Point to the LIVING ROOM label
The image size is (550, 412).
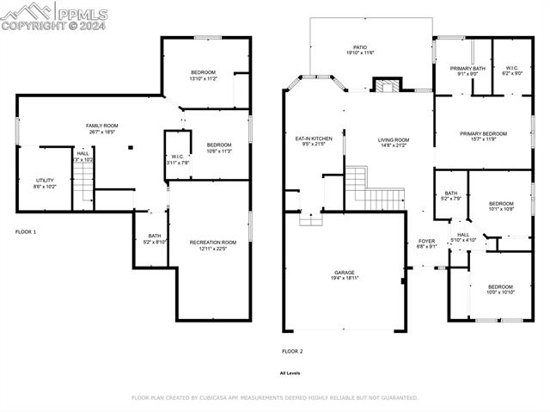(394, 140)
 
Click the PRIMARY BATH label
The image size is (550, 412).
(467, 68)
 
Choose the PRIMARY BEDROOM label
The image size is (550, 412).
(483, 134)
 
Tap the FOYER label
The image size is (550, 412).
(427, 241)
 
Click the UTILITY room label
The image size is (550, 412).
(45, 181)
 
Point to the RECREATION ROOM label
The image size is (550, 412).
(212, 243)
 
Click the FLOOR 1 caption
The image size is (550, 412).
(27, 231)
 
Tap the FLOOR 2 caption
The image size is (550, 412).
(292, 351)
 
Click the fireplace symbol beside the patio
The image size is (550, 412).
(383, 86)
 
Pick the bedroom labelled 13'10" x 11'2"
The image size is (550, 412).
(203, 75)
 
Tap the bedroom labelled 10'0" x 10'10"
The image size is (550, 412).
(500, 289)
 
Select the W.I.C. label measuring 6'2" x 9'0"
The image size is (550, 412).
(512, 71)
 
